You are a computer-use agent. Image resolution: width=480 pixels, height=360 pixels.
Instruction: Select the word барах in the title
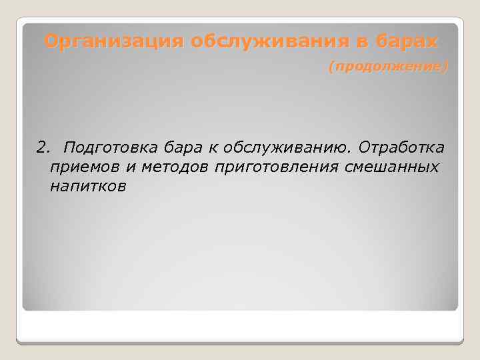[403, 42]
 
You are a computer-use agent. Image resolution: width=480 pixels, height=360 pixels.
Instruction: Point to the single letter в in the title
[358, 42]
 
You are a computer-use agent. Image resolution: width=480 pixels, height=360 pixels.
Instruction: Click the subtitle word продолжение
[388, 67]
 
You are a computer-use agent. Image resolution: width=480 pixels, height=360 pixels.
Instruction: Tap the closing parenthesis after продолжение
[446, 67]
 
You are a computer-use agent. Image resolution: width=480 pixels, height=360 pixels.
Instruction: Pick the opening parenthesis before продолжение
[331, 67]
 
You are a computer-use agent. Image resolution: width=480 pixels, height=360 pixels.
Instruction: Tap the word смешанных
[392, 167]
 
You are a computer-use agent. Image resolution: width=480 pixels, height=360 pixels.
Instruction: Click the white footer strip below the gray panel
[240, 327]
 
